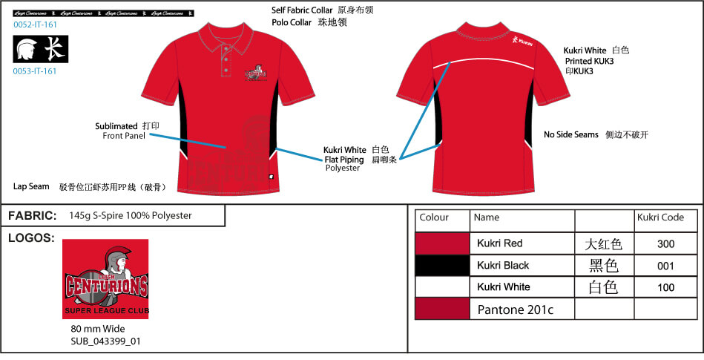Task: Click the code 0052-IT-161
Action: [35, 24]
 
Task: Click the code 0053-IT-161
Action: [35, 71]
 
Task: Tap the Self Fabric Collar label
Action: [302, 10]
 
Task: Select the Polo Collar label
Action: [296, 22]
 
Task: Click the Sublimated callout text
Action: [116, 126]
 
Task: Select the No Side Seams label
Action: [570, 134]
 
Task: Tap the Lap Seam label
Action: [30, 186]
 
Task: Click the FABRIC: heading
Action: [33, 215]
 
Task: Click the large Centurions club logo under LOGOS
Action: [105, 279]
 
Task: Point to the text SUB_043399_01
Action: [105, 341]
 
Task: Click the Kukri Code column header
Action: [659, 217]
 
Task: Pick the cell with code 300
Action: [665, 243]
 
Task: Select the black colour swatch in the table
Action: [442, 265]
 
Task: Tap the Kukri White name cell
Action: [504, 287]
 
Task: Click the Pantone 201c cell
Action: [516, 309]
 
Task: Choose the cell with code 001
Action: [665, 265]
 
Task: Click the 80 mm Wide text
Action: [98, 329]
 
